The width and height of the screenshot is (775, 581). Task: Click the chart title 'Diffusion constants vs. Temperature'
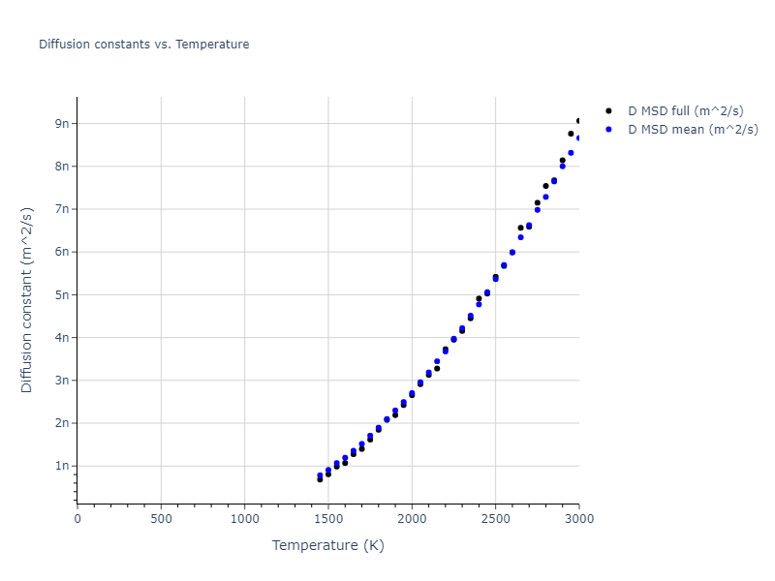coord(143,45)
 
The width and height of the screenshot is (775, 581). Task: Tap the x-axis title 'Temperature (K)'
coord(327,546)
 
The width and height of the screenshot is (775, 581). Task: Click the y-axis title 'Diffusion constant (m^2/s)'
coord(27,300)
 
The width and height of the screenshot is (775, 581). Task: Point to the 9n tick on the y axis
coord(63,123)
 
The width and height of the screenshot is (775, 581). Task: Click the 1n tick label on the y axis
coord(63,466)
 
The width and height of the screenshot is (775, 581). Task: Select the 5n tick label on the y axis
coord(63,294)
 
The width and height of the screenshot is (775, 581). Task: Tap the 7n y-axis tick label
coord(63,209)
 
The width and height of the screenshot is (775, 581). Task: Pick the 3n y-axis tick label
coord(63,381)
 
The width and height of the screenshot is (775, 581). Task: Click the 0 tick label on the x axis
coord(77,519)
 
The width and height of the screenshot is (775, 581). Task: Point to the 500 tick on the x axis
coord(161,519)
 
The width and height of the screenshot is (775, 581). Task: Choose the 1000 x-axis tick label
coord(244,519)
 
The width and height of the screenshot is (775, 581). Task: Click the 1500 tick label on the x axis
coord(328,519)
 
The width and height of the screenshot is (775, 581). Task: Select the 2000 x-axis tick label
coord(412,519)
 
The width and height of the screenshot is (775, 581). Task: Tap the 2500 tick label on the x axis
coord(495,519)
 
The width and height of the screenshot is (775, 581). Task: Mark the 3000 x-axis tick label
coord(578,519)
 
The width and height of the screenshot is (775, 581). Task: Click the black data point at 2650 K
coord(520,228)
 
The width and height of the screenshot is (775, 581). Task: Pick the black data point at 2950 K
coord(571,134)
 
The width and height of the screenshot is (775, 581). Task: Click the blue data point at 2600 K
coord(512,252)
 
